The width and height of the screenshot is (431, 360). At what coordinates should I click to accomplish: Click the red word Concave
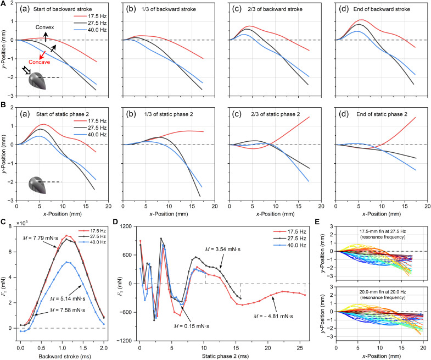click(x=40, y=62)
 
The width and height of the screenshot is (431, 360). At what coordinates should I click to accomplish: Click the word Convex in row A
click(x=45, y=27)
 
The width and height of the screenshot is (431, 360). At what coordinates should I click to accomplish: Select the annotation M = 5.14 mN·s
click(x=68, y=298)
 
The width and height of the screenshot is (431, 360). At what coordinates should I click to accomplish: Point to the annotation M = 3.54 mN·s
click(x=223, y=250)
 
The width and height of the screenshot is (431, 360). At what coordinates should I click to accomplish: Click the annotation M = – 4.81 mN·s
click(x=273, y=316)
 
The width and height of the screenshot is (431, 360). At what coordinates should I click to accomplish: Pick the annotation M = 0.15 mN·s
click(x=191, y=326)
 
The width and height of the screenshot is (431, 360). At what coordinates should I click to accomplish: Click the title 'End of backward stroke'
click(x=382, y=9)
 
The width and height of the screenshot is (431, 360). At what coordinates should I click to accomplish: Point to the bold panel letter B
click(x=4, y=105)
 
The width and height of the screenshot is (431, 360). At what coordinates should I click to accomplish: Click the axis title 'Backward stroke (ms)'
click(x=65, y=356)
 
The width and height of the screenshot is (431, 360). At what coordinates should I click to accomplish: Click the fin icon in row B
click(x=38, y=185)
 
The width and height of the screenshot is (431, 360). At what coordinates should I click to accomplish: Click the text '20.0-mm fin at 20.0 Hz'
click(x=382, y=292)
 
